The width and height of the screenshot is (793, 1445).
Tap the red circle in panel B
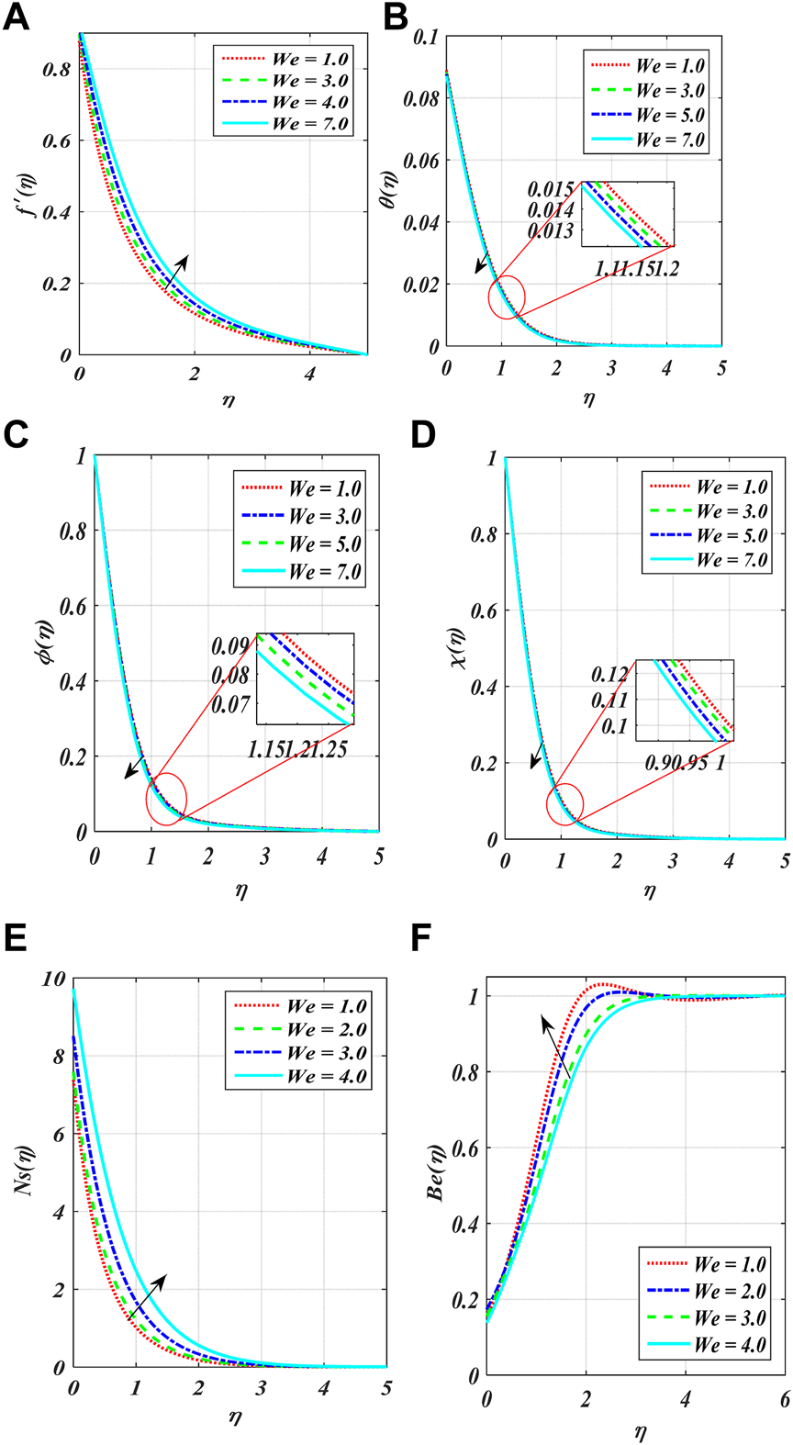507,297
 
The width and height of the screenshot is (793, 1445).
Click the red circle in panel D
564,805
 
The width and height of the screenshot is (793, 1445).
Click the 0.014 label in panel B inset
551,210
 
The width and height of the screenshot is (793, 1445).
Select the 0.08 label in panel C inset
230,676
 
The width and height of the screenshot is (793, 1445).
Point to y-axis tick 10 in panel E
55,980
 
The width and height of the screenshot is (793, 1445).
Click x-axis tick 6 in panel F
785,1398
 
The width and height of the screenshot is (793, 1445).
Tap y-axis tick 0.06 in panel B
421,161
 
